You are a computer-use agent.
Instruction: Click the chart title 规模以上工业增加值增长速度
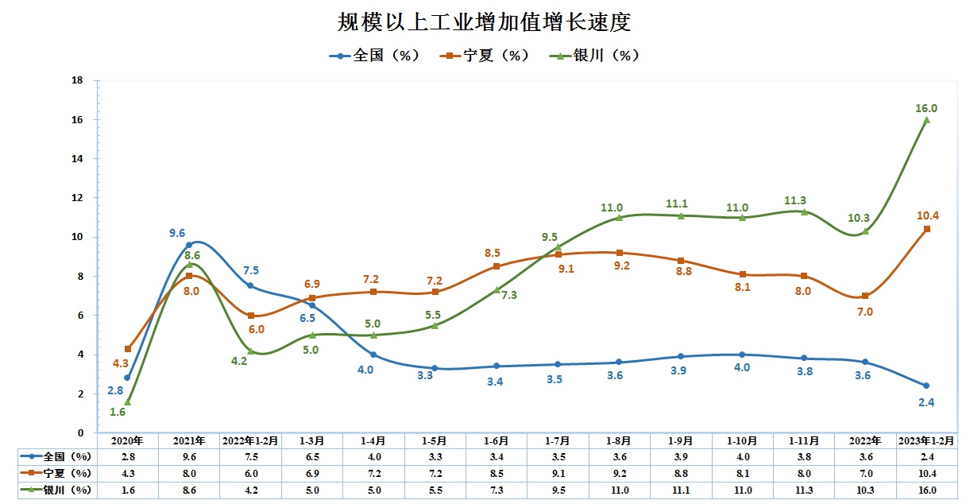point(484,22)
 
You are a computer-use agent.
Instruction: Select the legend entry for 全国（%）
point(374,56)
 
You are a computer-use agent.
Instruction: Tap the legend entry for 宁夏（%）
point(485,56)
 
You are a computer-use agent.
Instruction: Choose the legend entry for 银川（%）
point(596,56)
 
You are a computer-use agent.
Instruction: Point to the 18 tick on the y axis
point(78,80)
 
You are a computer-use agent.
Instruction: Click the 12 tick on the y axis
point(78,198)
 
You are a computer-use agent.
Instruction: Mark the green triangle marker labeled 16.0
point(926,120)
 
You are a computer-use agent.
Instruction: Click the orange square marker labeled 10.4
point(926,229)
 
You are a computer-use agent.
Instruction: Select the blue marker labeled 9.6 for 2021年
point(189,245)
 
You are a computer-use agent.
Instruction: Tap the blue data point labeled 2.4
point(926,386)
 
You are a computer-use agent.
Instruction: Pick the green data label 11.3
point(803,200)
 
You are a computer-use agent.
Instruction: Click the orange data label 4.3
point(121,363)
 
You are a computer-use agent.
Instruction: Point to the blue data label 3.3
point(426,375)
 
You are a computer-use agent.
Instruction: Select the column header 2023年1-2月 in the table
point(926,440)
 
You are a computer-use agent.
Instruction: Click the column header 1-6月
point(497,440)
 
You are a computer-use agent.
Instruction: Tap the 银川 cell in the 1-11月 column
point(803,490)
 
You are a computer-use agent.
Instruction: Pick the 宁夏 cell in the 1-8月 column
point(619,474)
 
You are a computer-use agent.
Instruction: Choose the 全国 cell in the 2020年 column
point(127,457)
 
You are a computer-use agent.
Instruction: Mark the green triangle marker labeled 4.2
point(251,351)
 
